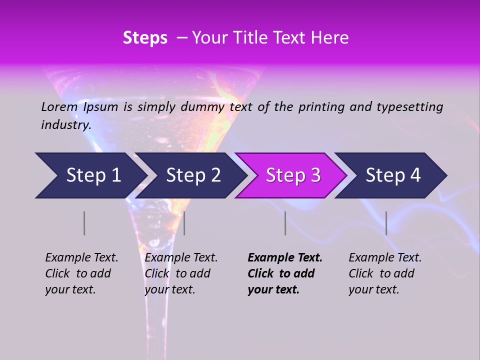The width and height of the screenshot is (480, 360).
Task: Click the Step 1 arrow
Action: point(92,175)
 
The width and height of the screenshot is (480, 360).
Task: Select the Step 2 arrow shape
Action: point(192,175)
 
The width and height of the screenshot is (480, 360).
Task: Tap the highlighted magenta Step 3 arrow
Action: point(292,175)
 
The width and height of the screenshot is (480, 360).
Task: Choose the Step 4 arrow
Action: point(392,175)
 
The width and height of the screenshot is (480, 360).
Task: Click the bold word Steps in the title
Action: point(145,38)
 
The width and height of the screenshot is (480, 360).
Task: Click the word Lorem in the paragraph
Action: point(59,106)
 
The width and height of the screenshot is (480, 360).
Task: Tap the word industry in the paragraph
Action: point(66,124)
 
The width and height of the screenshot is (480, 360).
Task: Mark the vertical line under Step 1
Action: point(84,223)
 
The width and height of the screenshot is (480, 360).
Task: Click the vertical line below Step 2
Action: point(184,223)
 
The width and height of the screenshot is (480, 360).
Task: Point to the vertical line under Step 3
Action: point(285,223)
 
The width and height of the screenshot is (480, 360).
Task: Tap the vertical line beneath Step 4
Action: point(386,223)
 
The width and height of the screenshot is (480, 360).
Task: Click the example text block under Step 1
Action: point(81,273)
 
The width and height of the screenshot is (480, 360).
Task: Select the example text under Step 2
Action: point(180,273)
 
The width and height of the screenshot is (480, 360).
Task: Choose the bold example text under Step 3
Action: point(284,273)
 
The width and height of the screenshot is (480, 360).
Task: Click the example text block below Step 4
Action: point(384,273)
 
